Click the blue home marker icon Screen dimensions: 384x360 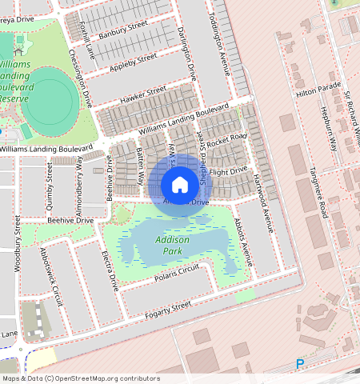[x=180, y=185]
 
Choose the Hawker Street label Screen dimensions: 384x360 [x=143, y=94]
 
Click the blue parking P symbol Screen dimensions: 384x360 [x=300, y=364]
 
